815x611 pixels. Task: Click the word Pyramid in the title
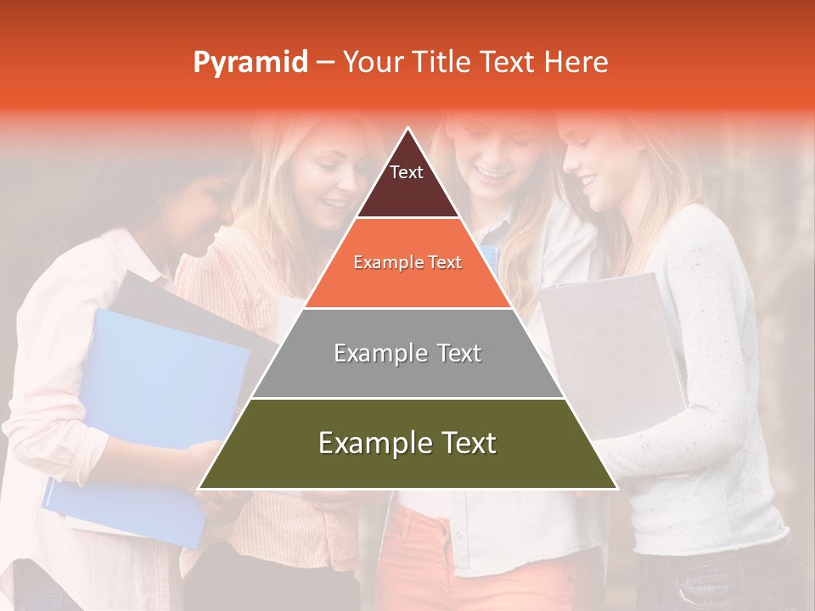coord(250,63)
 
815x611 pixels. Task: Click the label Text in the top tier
coord(407,172)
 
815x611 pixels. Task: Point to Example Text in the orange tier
coord(407,262)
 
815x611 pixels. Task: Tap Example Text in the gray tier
coord(407,353)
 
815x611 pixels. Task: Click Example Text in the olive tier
coord(407,443)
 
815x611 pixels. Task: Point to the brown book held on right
coord(611,339)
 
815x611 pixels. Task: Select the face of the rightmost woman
coord(594,170)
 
